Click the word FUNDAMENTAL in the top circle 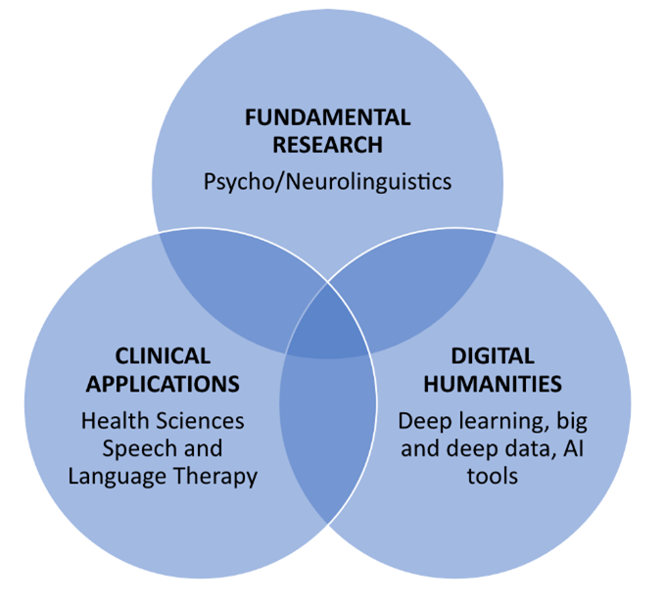328,118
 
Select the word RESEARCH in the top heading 328,147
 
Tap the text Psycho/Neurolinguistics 328,181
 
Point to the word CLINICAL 163,355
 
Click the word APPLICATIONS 163,383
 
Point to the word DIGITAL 493,355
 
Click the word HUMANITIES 493,383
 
